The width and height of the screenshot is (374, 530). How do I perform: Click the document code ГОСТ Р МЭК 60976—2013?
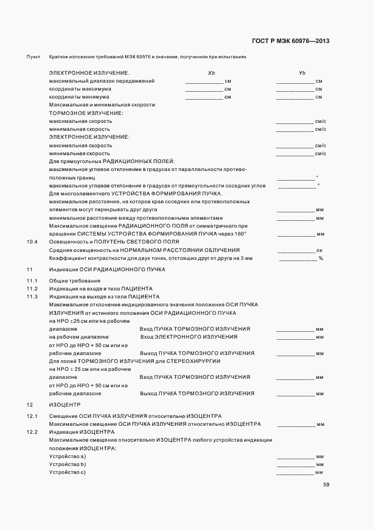pos(290,41)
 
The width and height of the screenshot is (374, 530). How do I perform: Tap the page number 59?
pos(326,485)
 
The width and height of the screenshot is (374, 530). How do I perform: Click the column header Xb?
pos(211,73)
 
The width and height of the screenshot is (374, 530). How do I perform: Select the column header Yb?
pos(302,73)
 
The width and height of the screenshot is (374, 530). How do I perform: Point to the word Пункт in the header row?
pos(33,57)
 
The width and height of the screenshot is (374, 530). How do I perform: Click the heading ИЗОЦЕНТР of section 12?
pos(65,405)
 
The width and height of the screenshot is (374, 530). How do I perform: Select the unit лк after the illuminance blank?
pos(319,250)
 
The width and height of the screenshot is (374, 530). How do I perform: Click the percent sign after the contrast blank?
pos(320,258)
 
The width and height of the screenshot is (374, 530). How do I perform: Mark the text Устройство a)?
pos(67,456)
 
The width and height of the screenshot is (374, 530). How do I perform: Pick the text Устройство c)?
pos(67,472)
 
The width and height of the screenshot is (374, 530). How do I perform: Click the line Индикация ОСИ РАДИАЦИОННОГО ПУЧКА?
pos(107,270)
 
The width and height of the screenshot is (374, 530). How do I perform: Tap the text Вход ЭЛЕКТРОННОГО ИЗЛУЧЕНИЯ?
pos(188,337)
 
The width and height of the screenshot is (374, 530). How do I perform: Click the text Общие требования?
pos(75,281)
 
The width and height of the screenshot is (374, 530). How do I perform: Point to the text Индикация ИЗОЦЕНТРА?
pos(81,432)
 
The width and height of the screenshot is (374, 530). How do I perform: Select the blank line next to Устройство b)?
pos(295,465)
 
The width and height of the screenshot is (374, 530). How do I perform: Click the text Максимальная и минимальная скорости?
pos(102,105)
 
